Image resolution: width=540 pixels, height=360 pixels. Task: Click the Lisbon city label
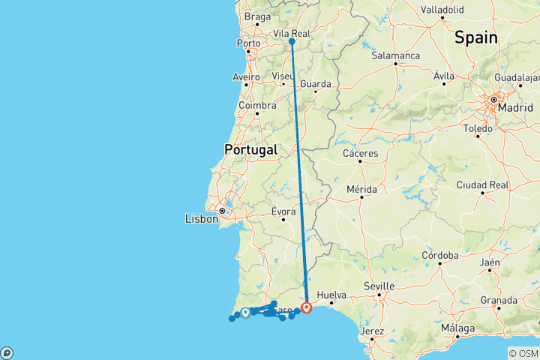(200, 219)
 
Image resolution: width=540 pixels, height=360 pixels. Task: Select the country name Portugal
(250, 149)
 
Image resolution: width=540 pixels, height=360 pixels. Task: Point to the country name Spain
(474, 36)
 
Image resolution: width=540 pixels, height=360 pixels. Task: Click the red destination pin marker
(307, 307)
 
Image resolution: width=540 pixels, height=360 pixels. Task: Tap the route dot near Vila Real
(292, 42)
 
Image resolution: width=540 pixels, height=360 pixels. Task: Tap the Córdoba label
(440, 256)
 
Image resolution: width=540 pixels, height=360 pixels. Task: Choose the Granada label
(499, 300)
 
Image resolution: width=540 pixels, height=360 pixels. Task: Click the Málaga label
(456, 328)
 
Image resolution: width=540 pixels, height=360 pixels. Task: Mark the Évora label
(283, 211)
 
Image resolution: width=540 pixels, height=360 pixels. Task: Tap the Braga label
(257, 16)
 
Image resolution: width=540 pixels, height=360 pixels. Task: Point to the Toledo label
(478, 129)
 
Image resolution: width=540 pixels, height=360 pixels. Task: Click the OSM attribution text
(523, 353)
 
